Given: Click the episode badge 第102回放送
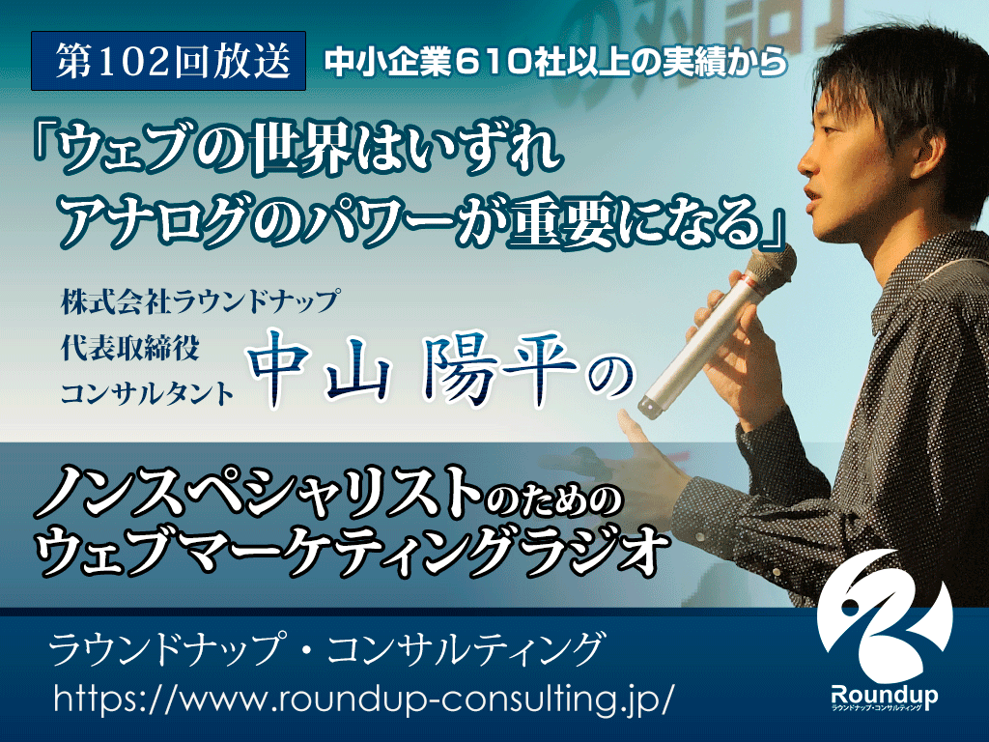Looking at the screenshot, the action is coord(168,61).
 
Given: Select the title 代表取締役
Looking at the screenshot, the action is coord(130,348).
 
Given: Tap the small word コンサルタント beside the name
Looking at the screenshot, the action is coord(148,394).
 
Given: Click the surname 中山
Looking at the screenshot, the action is coord(317,369).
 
